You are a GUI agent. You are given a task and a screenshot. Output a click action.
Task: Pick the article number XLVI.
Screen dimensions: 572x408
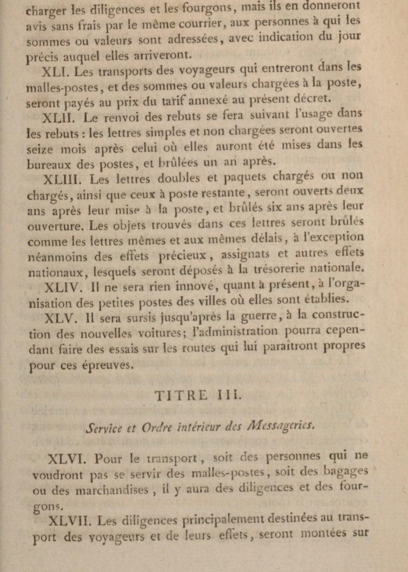pos(67,459)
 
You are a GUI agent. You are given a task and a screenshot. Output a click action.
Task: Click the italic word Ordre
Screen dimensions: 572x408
pos(158,426)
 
